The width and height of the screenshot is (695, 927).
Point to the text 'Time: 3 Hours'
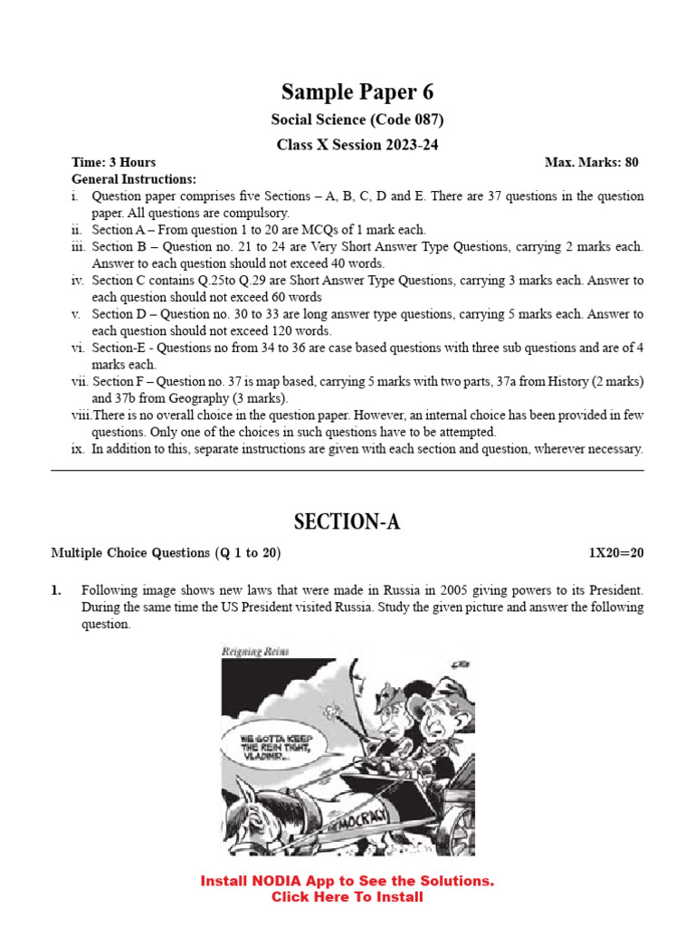point(114,163)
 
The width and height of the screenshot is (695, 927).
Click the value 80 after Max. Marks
point(631,163)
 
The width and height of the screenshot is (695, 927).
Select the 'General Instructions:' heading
point(134,179)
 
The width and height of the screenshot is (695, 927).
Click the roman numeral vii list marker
point(79,382)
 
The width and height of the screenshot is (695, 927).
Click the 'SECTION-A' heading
point(347,522)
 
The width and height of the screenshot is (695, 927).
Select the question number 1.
point(56,591)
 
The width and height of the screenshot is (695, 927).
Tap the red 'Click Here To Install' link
point(347,897)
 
